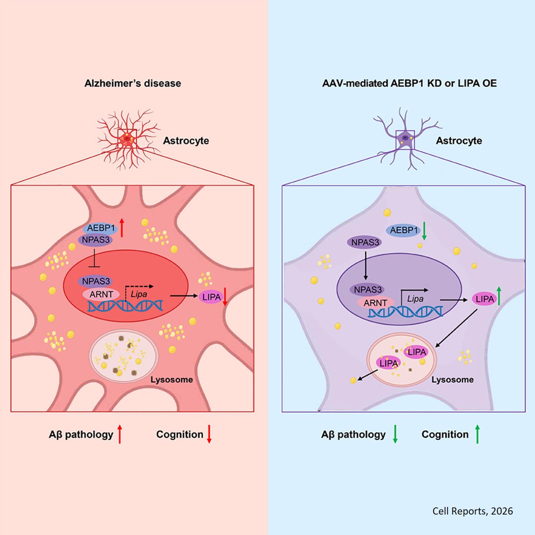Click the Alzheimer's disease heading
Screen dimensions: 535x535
tap(133, 83)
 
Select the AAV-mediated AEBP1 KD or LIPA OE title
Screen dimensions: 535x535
tap(409, 83)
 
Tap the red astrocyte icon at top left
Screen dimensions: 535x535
tap(126, 138)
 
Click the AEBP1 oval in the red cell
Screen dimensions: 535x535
tap(101, 228)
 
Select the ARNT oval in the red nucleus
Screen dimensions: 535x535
tap(101, 294)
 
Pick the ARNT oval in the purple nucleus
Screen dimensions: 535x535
tap(375, 302)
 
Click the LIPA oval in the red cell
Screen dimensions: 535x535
tap(211, 297)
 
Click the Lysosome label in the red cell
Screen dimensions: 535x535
tap(172, 379)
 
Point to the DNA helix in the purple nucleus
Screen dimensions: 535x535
tap(405, 312)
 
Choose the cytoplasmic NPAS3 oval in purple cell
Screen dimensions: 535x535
tap(365, 243)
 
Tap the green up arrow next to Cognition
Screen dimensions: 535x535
tap(477, 434)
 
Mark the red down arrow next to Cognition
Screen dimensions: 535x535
tap(209, 434)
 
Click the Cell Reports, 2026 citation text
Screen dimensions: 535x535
tap(472, 511)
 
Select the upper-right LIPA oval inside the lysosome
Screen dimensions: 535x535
tap(416, 352)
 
